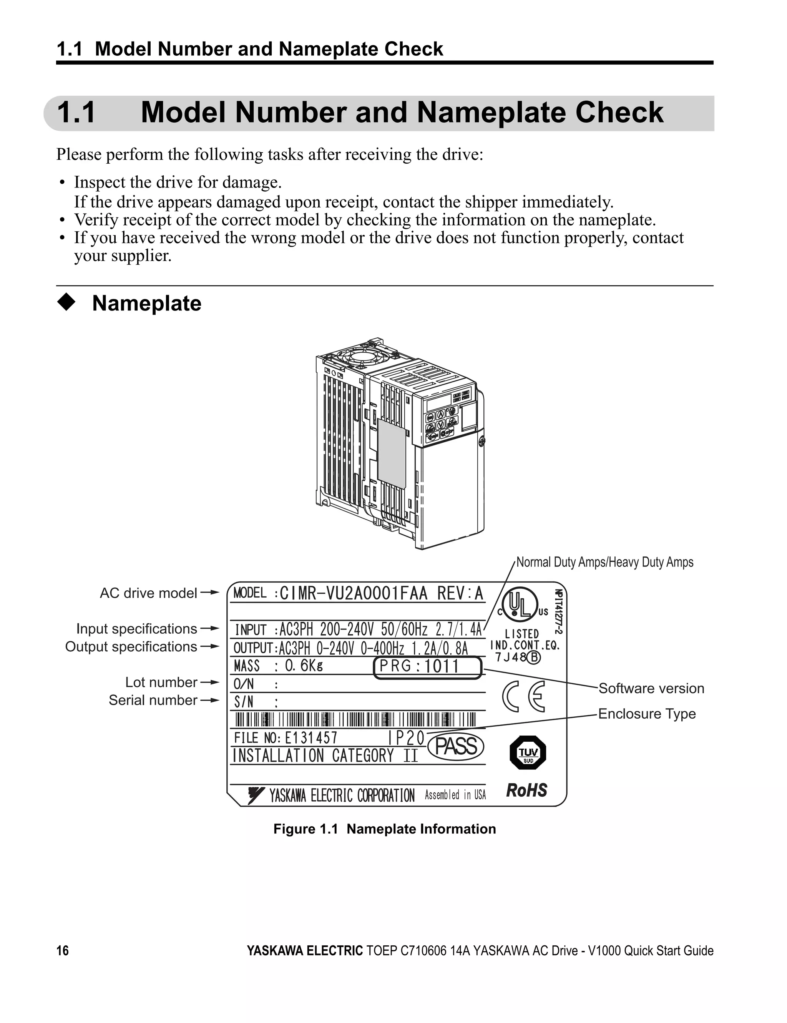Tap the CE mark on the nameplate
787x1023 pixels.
coord(524,696)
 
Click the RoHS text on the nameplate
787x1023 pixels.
coord(526,790)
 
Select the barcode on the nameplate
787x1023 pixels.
coord(355,720)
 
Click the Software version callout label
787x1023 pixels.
coord(651,688)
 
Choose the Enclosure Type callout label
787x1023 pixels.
coord(647,714)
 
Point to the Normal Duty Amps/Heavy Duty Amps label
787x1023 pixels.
coord(604,562)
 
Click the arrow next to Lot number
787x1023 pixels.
coord(210,683)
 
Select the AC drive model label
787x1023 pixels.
coord(148,593)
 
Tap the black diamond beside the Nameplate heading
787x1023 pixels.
coord(66,302)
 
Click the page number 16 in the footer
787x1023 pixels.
coord(62,950)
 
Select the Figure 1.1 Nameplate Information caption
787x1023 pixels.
coord(384,829)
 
